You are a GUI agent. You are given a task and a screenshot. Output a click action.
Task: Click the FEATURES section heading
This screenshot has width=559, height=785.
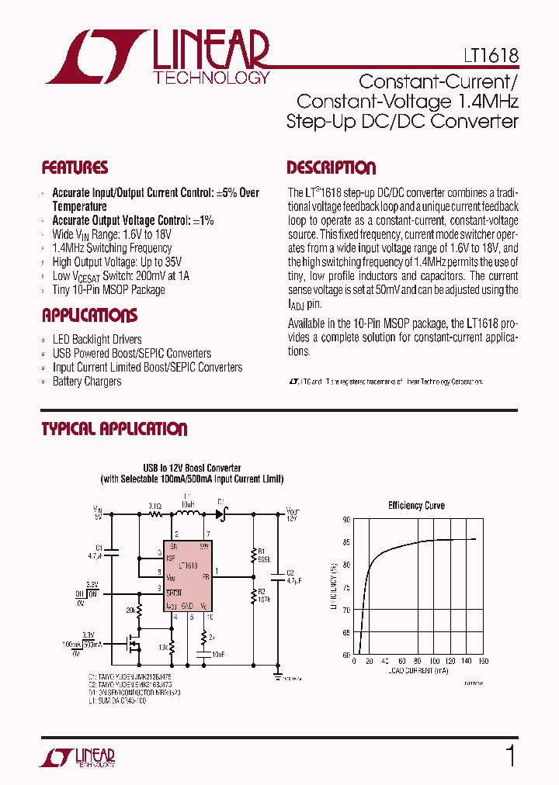pyautogui.click(x=75, y=168)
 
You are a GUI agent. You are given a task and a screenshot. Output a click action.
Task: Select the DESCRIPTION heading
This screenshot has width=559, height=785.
pyautogui.click(x=331, y=168)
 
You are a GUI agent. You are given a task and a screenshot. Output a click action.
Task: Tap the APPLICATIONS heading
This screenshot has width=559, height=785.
pyautogui.click(x=89, y=316)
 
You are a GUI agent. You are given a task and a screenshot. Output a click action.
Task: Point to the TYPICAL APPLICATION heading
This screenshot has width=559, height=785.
pyautogui.click(x=114, y=429)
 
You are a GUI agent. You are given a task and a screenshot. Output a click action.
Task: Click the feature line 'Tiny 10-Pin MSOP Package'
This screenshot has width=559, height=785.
pyautogui.click(x=109, y=289)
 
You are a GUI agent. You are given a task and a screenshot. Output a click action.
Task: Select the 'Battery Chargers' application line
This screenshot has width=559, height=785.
pyautogui.click(x=87, y=381)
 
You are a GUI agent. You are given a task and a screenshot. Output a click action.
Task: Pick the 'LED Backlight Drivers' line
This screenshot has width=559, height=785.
pyautogui.click(x=97, y=339)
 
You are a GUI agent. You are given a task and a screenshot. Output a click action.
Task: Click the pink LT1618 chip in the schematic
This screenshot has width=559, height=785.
pyautogui.click(x=187, y=574)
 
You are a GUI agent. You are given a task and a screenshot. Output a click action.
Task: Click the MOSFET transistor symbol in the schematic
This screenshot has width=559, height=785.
pyautogui.click(x=134, y=642)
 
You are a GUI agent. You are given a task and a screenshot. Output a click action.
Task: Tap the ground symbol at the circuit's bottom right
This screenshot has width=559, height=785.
pyautogui.click(x=278, y=676)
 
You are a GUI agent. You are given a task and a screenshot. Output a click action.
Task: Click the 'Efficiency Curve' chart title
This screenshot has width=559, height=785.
pyautogui.click(x=416, y=506)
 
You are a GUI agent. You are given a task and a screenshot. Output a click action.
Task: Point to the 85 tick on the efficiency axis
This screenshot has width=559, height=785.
pyautogui.click(x=345, y=542)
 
